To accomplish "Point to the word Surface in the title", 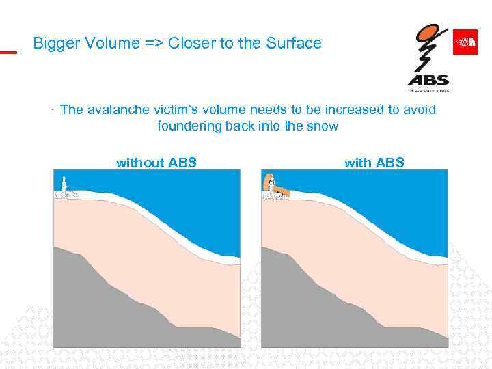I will [x=294, y=43].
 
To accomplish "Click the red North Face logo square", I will [x=465, y=42].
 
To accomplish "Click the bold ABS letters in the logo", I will [x=428, y=79].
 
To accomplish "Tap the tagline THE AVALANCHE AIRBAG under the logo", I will [x=428, y=90].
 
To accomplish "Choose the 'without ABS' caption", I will [x=156, y=163].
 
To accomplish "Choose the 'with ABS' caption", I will [x=374, y=163].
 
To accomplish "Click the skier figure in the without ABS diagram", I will [x=65, y=188].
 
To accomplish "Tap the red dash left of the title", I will [x=8, y=52].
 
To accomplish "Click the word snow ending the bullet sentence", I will [x=323, y=126].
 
